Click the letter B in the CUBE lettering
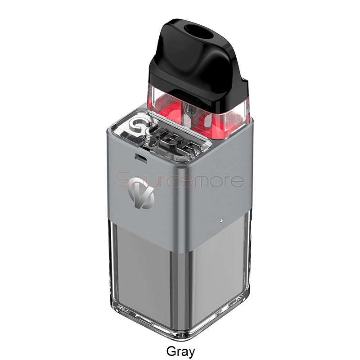pos(175,140)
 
